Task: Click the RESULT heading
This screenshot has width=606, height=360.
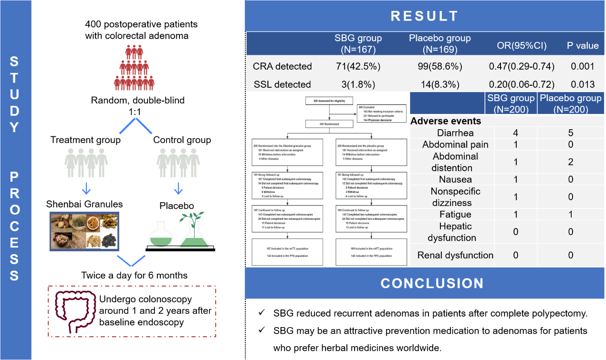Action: pos(424,16)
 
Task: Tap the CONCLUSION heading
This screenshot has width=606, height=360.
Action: pos(432,283)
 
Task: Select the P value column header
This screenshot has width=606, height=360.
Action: pos(582,46)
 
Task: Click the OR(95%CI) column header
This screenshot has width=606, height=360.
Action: pos(522,46)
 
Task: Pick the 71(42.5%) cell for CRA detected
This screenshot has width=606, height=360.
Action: pos(358,66)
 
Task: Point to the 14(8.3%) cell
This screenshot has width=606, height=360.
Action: pos(439,84)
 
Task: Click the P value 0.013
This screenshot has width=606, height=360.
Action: pos(582,84)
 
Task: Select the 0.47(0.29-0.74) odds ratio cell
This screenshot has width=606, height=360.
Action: pos(522,66)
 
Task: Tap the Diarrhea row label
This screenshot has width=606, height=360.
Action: pos(452,133)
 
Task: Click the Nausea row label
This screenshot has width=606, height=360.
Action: pos(455,179)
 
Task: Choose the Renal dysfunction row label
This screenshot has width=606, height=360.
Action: pos(455,255)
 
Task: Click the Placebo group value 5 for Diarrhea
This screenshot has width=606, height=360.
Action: pos(570,133)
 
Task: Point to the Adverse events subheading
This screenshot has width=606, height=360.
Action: pos(446,121)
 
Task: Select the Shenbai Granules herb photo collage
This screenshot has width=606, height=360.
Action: pos(84,231)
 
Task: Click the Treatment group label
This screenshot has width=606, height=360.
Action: pos(85,140)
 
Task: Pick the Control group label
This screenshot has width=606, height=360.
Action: pos(182,140)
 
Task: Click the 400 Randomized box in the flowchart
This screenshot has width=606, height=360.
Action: pos(329,124)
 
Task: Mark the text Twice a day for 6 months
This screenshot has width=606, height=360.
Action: pos(134,275)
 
